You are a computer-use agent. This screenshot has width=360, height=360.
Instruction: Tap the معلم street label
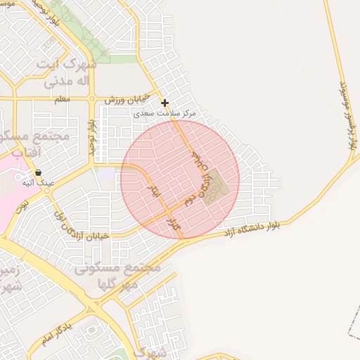[62, 99]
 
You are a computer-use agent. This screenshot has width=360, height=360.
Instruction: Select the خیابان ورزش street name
[128, 100]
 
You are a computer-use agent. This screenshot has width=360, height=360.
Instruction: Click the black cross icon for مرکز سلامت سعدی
[165, 103]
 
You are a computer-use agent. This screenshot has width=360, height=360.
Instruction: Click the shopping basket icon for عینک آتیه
[37, 172]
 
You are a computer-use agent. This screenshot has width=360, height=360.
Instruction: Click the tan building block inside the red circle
[218, 184]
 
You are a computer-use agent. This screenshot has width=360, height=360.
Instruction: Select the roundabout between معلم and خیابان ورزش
[91, 99]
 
